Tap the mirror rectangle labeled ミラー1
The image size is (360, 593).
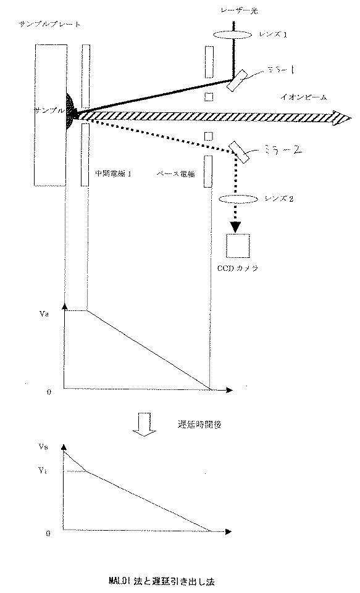pos(237,80)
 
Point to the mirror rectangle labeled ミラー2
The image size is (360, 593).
pos(240,152)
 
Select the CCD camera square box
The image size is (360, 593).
pos(238,246)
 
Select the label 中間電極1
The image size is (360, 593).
pos(111,174)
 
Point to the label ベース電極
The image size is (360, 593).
pos(177,174)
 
